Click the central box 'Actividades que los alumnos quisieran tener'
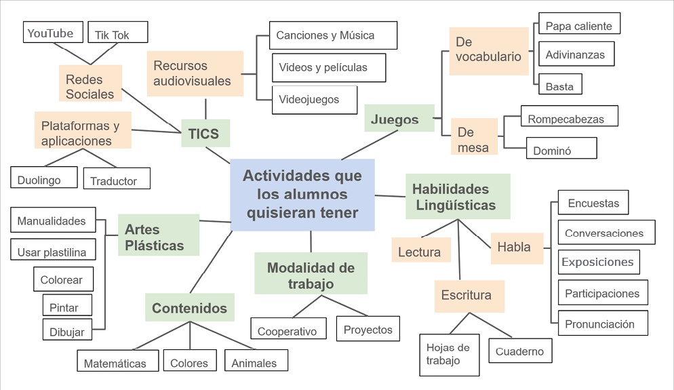point(302,195)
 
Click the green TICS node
point(205,134)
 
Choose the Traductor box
point(116,180)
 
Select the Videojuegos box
point(314,100)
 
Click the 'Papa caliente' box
point(579,26)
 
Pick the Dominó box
point(561,149)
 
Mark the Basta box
point(560,85)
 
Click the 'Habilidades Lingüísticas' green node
point(458,197)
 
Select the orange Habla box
point(517,247)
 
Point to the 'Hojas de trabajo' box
point(449,354)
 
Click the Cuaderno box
point(520,351)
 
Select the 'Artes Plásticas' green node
point(159,237)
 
